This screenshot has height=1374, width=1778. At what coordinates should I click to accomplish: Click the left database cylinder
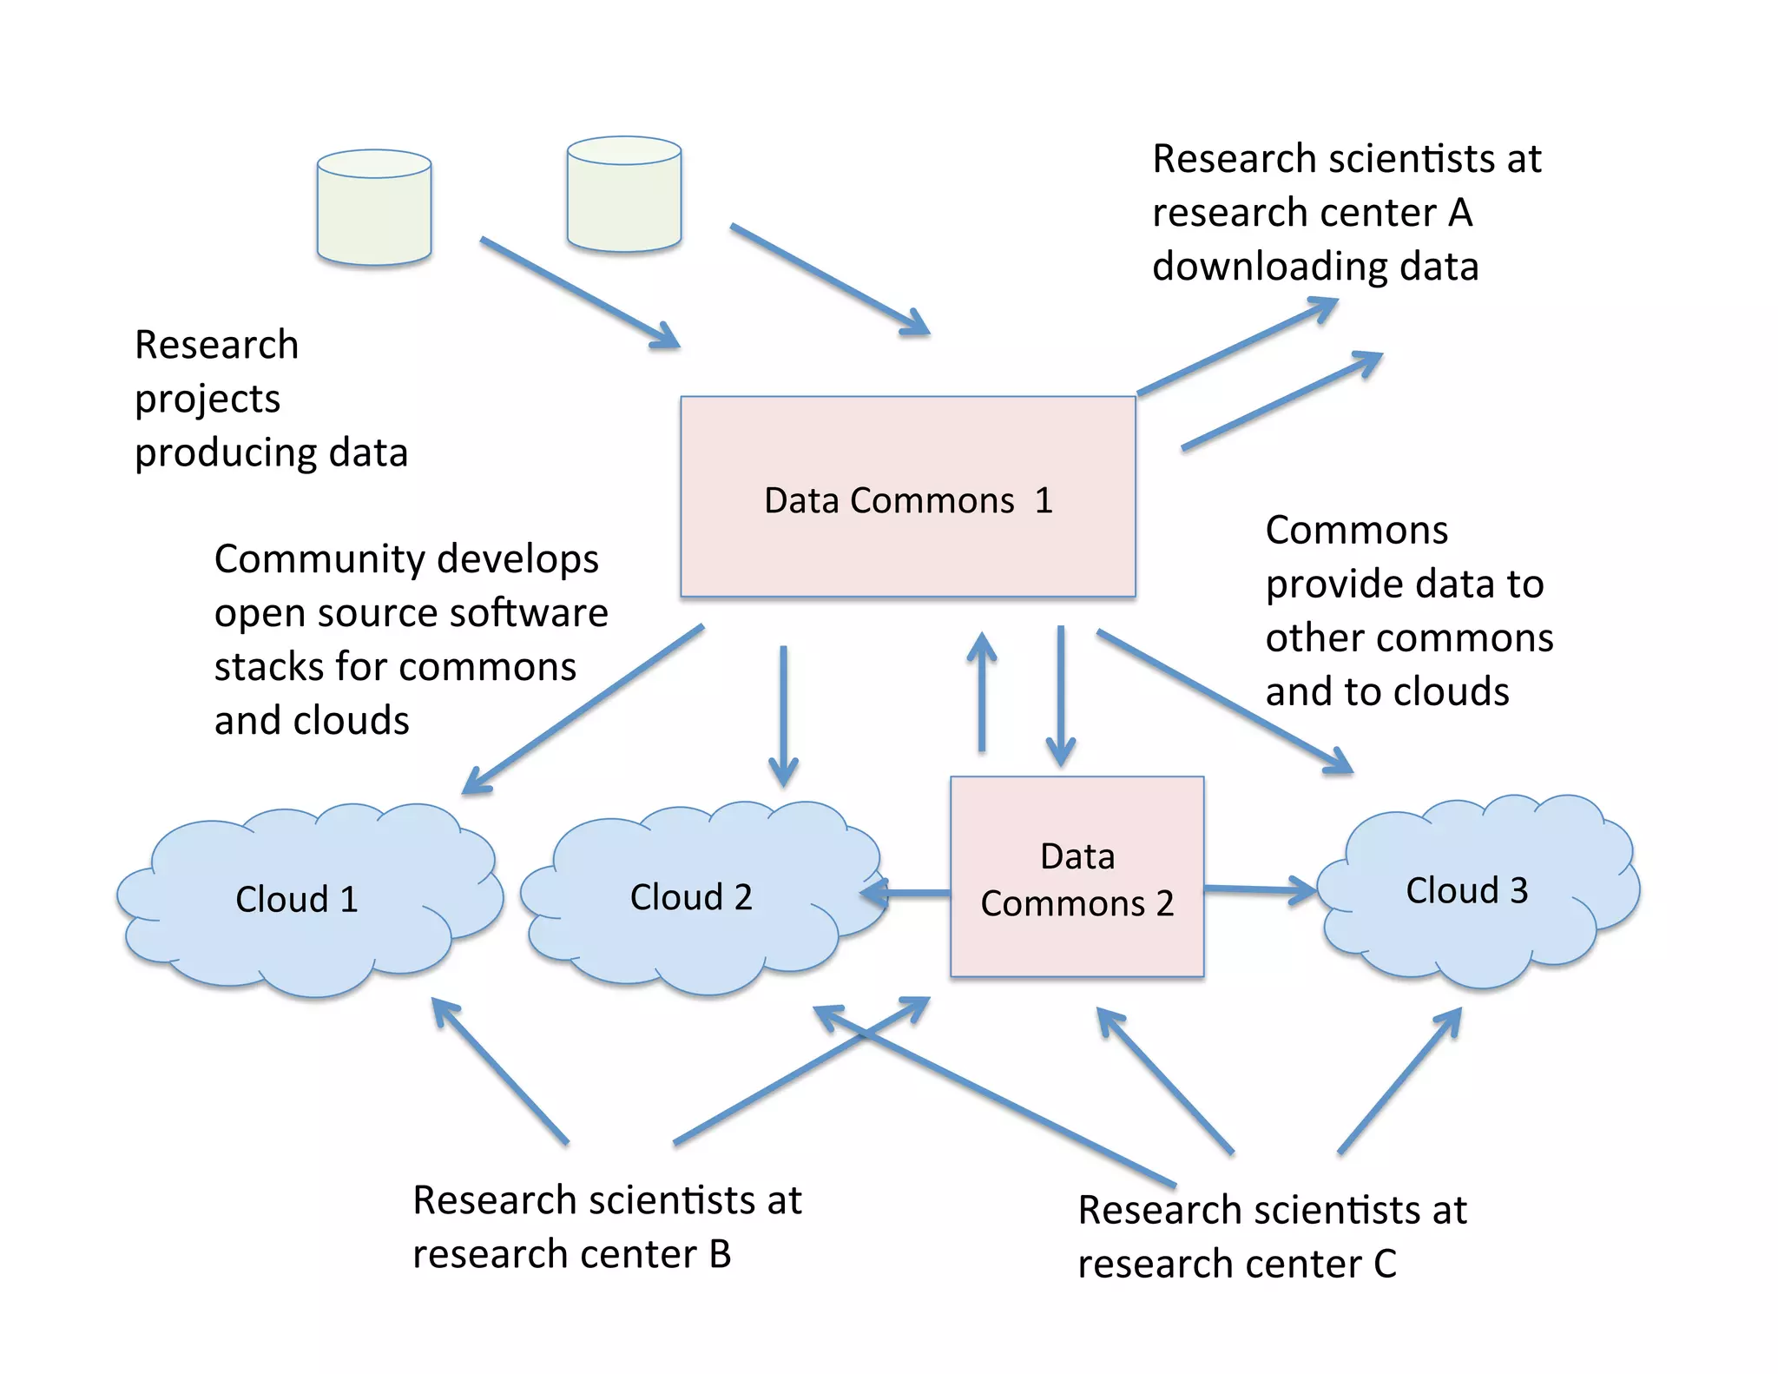click(374, 208)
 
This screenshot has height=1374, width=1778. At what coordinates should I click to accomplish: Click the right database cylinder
click(623, 195)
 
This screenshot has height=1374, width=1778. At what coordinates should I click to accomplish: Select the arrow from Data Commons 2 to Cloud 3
click(1259, 889)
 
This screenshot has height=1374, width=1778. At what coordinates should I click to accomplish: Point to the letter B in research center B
click(720, 1254)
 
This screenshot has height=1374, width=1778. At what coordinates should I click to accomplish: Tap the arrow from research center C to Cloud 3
click(1399, 1081)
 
